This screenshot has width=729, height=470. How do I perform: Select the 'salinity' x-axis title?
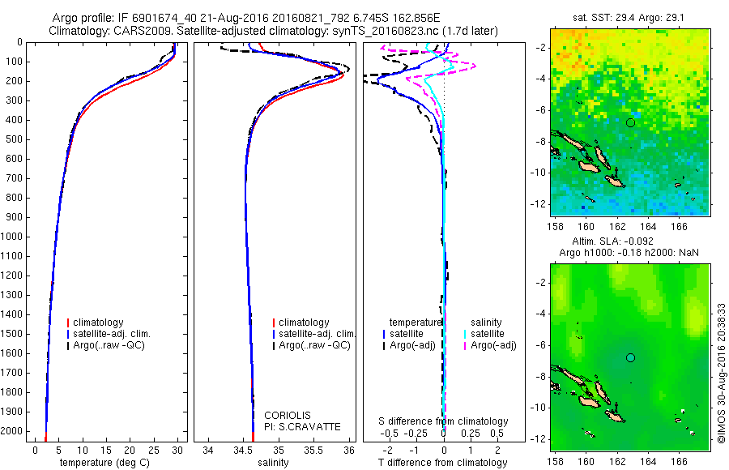(x=272, y=463)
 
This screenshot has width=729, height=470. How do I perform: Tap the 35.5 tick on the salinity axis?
(x=313, y=449)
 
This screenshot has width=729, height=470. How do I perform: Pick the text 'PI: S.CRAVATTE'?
(x=303, y=426)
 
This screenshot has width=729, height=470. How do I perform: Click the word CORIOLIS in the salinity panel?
(x=288, y=415)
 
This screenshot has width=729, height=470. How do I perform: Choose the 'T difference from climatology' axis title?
(x=443, y=463)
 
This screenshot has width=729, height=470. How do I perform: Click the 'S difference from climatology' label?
(x=444, y=421)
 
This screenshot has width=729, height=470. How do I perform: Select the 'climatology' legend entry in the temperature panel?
(x=97, y=323)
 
